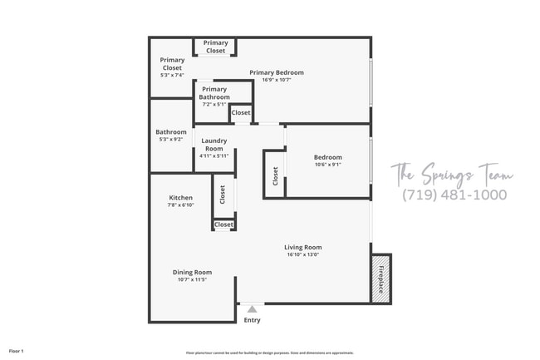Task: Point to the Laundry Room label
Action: [214, 145]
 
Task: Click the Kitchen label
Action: [180, 198]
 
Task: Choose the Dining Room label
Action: [192, 272]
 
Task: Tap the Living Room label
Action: [302, 247]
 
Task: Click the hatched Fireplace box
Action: [380, 278]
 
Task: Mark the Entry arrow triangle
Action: [252, 308]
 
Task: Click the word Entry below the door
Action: [252, 320]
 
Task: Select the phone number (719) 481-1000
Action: [454, 195]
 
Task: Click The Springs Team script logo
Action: [452, 174]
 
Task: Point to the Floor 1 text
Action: [17, 352]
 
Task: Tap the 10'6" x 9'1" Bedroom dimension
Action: [327, 165]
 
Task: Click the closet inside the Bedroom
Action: [275, 176]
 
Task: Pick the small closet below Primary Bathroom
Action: [241, 113]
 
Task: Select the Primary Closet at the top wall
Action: [216, 47]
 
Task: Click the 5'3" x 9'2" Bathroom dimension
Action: [171, 140]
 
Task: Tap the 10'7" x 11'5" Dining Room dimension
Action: [192, 280]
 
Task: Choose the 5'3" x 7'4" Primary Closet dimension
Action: [173, 76]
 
